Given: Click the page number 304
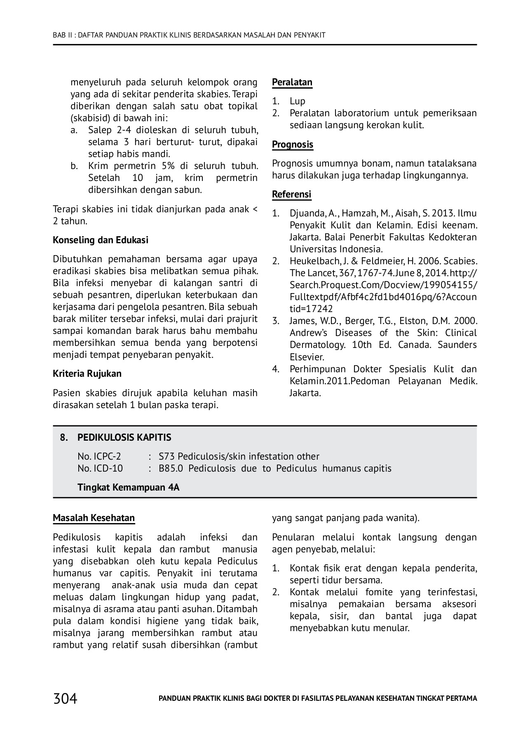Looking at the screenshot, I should (65, 699).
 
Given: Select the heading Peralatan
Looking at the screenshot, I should (292, 82).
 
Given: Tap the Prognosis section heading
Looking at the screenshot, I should (292, 145).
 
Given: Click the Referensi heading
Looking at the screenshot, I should (291, 195).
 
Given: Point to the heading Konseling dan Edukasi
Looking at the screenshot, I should (101, 240).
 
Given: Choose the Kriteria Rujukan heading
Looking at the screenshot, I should (87, 374).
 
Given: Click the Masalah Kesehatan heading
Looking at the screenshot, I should (94, 518).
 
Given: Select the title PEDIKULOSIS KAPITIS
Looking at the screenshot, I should (124, 437).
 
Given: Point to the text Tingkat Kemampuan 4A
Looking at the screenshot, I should (128, 487).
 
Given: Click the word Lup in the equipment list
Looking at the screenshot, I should (297, 101).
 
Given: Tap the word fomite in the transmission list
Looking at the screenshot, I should (378, 592).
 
